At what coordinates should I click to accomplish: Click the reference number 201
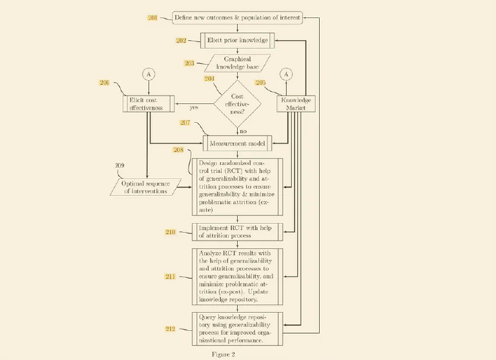point(152,17)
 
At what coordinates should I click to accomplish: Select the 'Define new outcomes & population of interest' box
point(237,17)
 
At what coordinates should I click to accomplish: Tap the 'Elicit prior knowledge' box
point(237,41)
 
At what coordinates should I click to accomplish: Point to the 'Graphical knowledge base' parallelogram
point(237,63)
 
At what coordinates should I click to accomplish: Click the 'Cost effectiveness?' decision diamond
point(237,103)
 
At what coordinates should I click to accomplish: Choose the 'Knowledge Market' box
point(296,104)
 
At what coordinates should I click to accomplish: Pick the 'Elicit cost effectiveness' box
point(149,104)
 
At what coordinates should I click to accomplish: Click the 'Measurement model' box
point(237,143)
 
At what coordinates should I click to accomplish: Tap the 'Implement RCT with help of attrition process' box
point(237,231)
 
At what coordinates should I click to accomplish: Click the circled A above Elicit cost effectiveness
point(149,74)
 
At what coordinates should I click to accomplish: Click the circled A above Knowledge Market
point(287,74)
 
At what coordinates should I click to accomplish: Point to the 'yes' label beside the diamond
point(194,108)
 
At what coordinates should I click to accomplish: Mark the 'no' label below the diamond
point(243,131)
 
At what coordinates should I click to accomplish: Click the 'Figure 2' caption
point(224,354)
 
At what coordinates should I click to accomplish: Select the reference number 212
point(170,329)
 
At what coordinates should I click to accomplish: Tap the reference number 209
point(119,165)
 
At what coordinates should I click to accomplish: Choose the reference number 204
point(209,78)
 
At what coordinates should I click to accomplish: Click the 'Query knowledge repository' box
point(237,328)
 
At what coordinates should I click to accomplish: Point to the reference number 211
point(170,277)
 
